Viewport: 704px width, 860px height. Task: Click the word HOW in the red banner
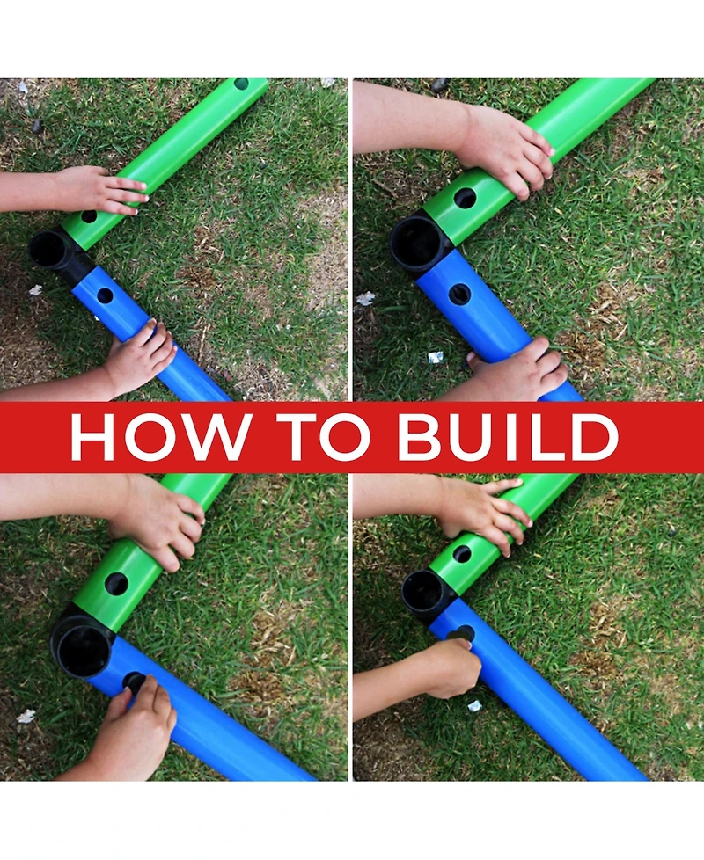tap(161, 436)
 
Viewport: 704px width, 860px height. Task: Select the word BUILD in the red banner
tap(508, 436)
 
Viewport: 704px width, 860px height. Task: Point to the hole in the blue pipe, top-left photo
tap(105, 295)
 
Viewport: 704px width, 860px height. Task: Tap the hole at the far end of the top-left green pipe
tap(241, 84)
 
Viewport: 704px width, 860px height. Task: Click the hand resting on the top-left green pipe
tap(101, 190)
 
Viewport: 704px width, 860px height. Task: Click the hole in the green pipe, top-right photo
tap(466, 198)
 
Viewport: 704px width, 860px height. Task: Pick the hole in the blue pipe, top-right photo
tap(460, 295)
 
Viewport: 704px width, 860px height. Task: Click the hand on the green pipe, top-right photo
tap(506, 147)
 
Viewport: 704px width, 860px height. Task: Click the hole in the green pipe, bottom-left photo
tap(116, 584)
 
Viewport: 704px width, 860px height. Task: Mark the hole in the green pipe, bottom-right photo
tap(462, 554)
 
